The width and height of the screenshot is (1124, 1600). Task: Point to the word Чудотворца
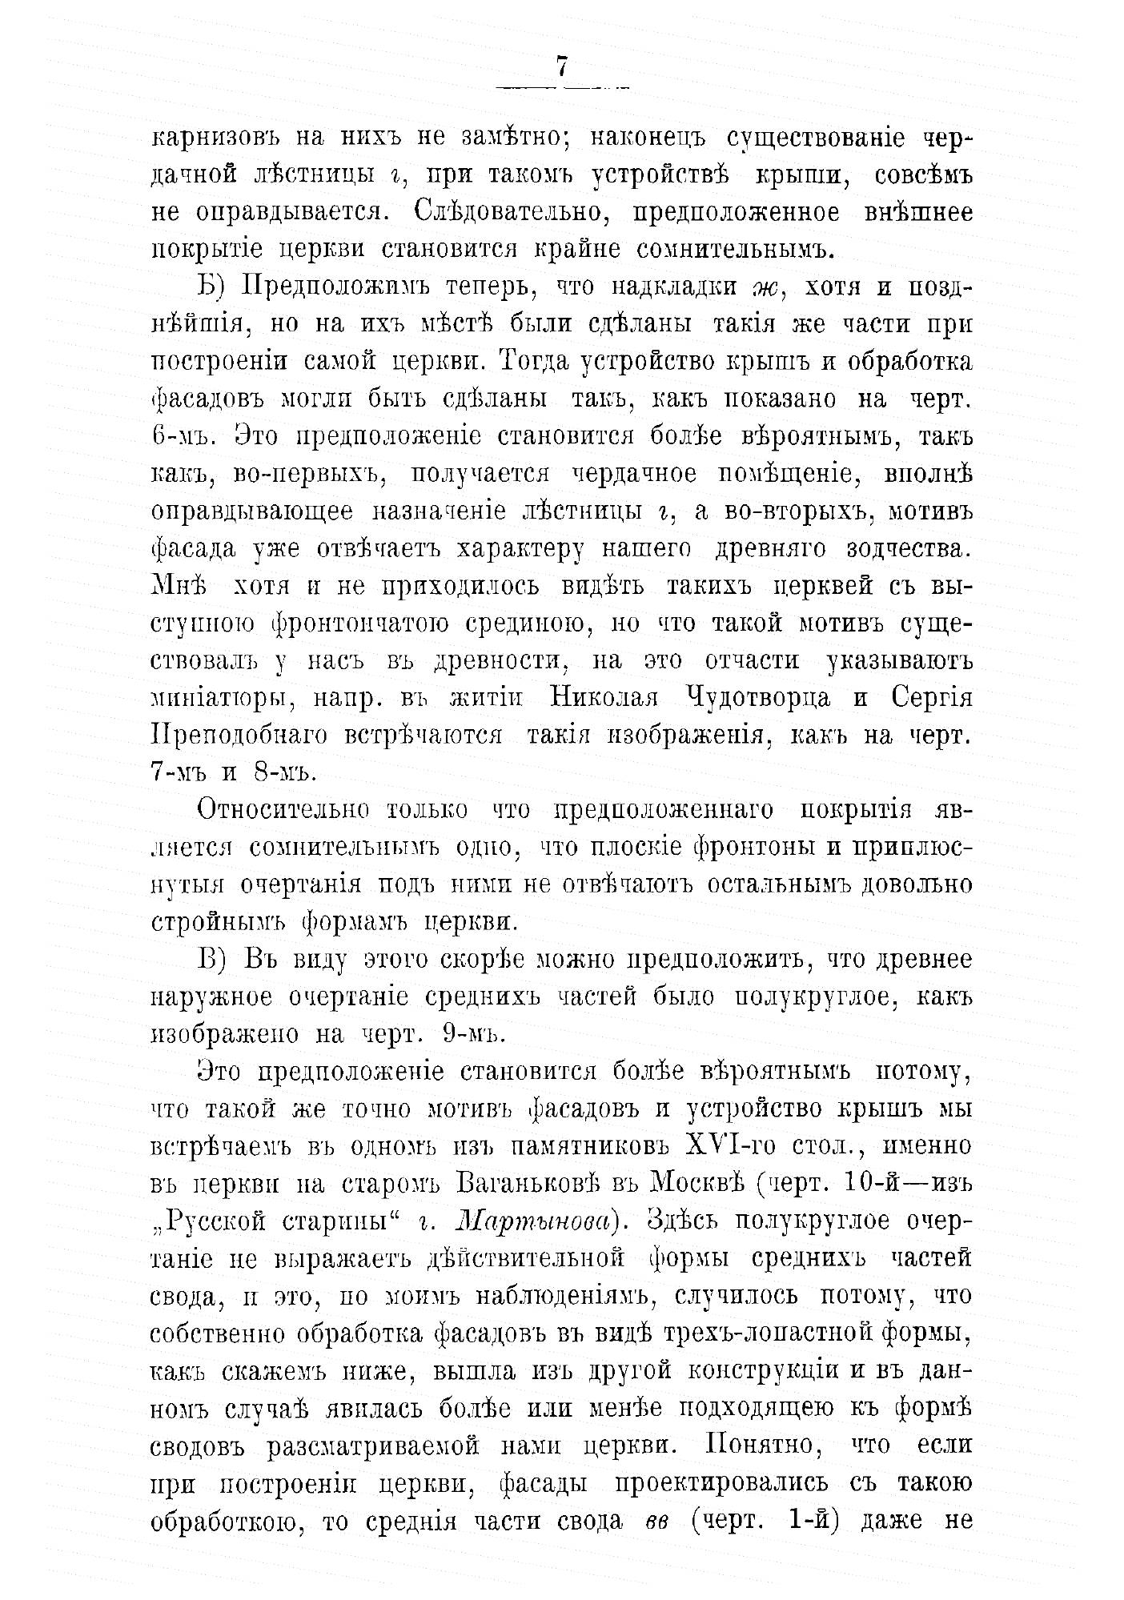(x=753, y=697)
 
